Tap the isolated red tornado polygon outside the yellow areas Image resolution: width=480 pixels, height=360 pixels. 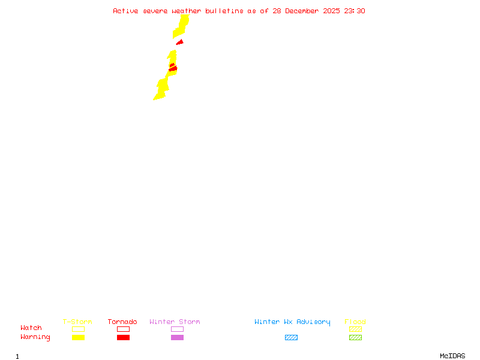179,42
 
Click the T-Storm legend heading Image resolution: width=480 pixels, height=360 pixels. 77,322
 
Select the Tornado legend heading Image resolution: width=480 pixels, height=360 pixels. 122,322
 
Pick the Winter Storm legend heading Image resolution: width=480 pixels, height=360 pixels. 175,322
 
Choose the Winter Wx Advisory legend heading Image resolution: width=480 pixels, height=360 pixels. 292,322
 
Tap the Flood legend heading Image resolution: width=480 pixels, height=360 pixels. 355,322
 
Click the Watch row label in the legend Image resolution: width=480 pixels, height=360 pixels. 31,328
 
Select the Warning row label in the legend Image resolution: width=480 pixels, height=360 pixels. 35,337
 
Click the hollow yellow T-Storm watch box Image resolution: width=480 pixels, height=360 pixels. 78,329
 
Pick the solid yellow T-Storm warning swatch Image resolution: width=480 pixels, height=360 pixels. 78,337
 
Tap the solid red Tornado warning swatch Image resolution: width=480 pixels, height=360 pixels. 123,337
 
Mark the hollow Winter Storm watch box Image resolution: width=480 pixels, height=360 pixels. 177,329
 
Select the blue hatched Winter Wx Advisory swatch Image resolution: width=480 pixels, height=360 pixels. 291,337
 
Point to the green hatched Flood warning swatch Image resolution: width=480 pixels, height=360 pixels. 355,337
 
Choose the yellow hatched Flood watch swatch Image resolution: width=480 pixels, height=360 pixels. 355,329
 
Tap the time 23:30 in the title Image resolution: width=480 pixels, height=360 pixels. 353,11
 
